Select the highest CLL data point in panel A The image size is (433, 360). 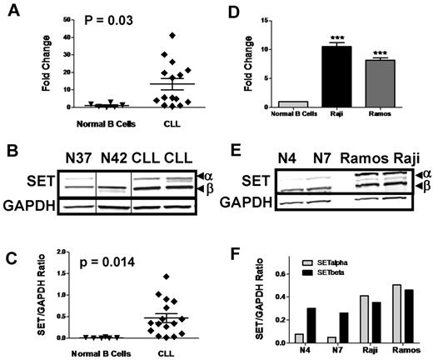(172, 36)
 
